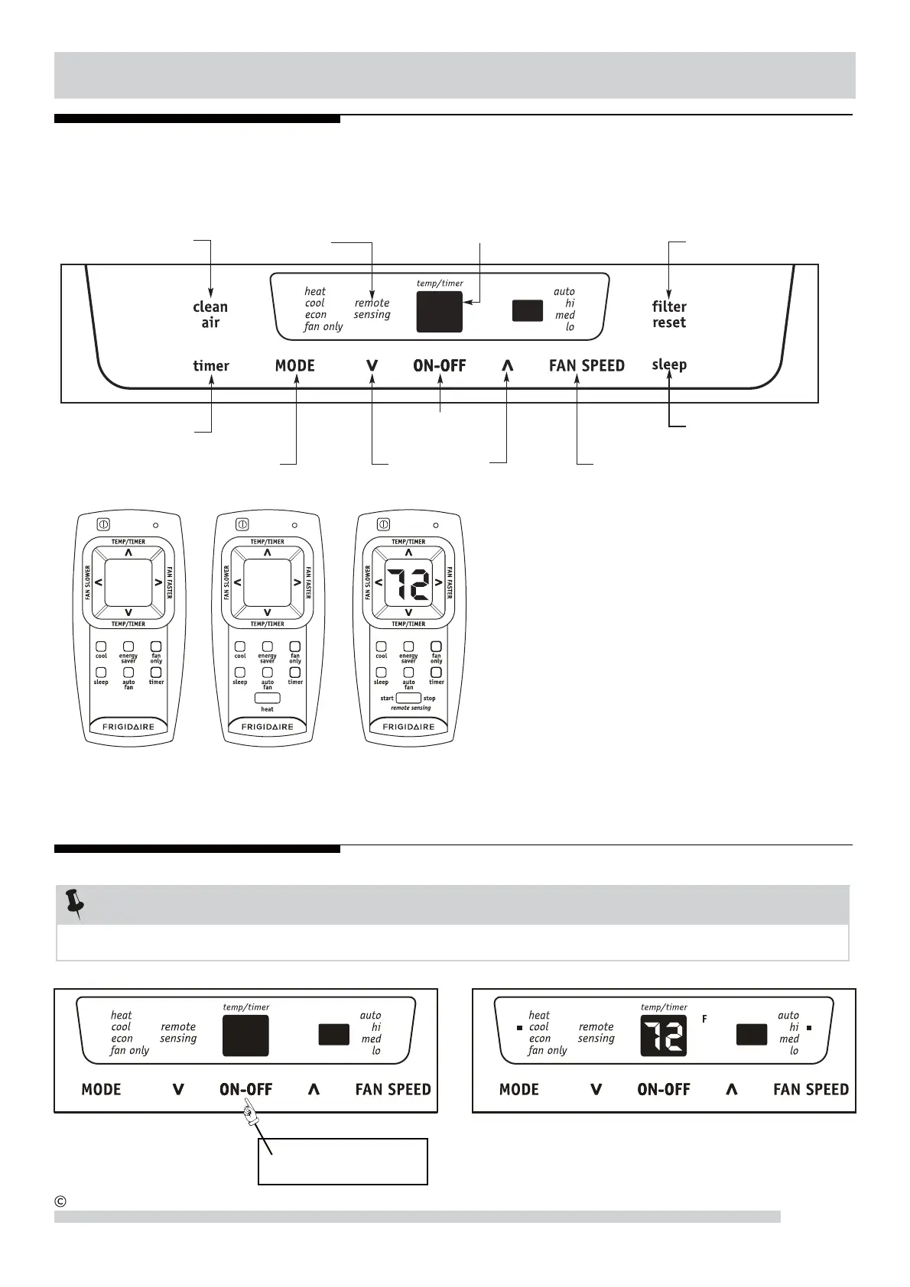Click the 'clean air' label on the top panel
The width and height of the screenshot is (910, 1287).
point(210,314)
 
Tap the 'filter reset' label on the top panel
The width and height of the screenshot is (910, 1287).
point(669,314)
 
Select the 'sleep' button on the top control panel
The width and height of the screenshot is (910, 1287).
point(669,365)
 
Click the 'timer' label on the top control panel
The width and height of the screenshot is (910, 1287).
point(211,366)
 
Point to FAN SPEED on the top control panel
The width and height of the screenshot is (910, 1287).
point(587,366)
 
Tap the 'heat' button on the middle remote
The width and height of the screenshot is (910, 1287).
point(267,699)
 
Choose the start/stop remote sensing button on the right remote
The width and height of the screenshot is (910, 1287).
point(408,698)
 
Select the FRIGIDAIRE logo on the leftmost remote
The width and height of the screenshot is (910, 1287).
point(128,727)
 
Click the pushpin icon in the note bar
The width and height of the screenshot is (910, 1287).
point(74,903)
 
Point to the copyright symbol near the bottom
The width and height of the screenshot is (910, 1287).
point(61,1201)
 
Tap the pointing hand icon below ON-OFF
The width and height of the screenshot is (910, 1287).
point(249,1117)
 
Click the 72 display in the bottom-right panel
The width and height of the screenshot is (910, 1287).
point(664,1036)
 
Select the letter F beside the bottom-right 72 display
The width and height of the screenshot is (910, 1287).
point(704,1019)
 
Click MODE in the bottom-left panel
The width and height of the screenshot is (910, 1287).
point(101,1090)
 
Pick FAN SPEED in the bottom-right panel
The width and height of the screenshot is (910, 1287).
point(811,1090)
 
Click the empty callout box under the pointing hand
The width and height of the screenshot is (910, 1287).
point(343,1162)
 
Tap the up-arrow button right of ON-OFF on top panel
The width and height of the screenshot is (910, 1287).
point(507,366)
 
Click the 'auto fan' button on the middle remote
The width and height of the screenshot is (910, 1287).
point(268,673)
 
